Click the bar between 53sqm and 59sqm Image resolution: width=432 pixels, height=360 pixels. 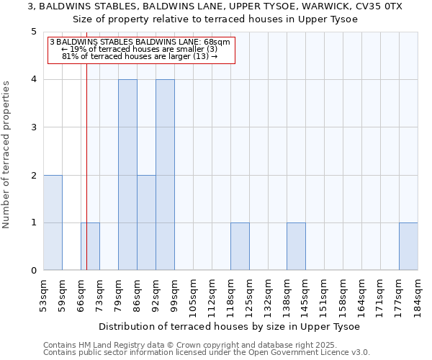53,222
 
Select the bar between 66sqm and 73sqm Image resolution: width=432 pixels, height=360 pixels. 90,246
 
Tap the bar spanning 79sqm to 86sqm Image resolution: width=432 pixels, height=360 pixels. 127,175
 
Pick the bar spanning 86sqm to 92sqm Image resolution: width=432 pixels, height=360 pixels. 146,222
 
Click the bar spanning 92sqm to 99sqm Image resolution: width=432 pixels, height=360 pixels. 165,175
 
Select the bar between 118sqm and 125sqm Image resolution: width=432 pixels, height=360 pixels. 240,246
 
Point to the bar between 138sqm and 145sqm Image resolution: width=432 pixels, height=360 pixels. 296,246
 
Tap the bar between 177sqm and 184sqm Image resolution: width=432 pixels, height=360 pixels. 408,246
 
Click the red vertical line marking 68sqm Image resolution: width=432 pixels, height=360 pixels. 86,158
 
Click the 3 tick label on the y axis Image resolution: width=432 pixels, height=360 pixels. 34,127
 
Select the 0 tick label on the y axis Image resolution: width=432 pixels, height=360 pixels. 34,271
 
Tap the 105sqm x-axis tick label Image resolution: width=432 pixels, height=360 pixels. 193,294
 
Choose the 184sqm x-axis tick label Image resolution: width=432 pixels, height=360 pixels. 418,294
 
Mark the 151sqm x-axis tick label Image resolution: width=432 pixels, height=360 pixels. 324,294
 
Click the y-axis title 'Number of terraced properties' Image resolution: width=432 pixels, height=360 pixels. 6,155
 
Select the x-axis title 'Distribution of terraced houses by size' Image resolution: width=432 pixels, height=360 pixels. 230,326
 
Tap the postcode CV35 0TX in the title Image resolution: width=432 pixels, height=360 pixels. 377,6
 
